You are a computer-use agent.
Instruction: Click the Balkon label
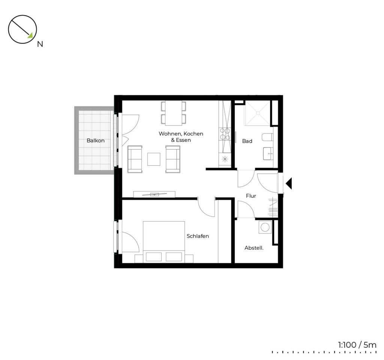96,141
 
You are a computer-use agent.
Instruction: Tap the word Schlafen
198,236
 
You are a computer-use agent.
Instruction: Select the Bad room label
247,141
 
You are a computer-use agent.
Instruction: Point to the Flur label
251,196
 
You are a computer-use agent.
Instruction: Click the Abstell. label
254,248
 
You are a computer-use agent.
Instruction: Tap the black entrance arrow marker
289,184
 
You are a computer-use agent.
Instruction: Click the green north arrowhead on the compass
30,36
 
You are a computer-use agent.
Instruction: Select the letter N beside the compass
40,44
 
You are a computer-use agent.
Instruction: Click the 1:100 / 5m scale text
357,345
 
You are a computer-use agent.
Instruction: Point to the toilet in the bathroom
267,137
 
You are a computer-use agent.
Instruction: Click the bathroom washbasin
268,153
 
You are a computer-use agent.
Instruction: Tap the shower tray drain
258,113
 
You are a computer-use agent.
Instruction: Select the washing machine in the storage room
265,227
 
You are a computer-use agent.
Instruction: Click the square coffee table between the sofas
154,159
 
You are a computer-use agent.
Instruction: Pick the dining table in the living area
173,113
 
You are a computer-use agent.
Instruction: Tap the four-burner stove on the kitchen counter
225,134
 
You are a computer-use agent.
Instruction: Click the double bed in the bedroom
164,242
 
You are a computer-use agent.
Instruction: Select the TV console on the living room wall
154,194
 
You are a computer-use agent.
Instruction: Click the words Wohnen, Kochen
181,134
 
